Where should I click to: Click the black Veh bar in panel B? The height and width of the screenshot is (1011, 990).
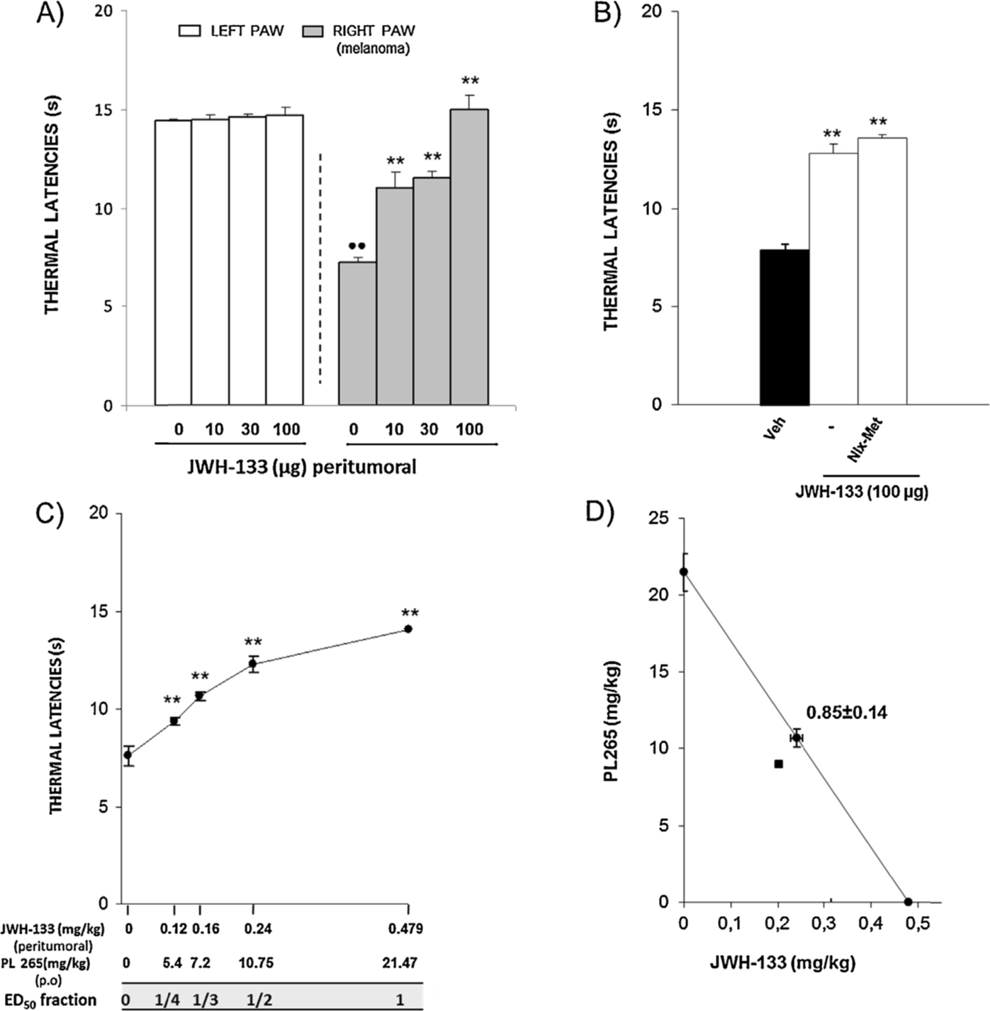pos(784,327)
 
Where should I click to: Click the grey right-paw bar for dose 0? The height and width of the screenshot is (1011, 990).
pos(356,334)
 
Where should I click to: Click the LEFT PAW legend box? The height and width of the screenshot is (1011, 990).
pos(190,31)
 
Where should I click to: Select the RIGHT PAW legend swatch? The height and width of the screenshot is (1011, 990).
pos(313,31)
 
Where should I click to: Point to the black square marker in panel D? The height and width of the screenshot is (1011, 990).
pos(779,764)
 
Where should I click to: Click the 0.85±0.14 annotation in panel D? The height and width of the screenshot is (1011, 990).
pos(846,712)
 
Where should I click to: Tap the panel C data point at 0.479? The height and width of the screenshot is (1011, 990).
pos(408,628)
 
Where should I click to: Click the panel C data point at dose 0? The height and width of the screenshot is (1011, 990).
pos(128,755)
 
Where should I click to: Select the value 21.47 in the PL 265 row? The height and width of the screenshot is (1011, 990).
pos(399,962)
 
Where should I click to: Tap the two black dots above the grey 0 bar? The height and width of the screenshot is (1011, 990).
pos(356,246)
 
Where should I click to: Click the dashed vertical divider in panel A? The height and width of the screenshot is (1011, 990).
pos(320,268)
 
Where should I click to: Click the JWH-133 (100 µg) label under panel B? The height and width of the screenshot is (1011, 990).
pos(861,492)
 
